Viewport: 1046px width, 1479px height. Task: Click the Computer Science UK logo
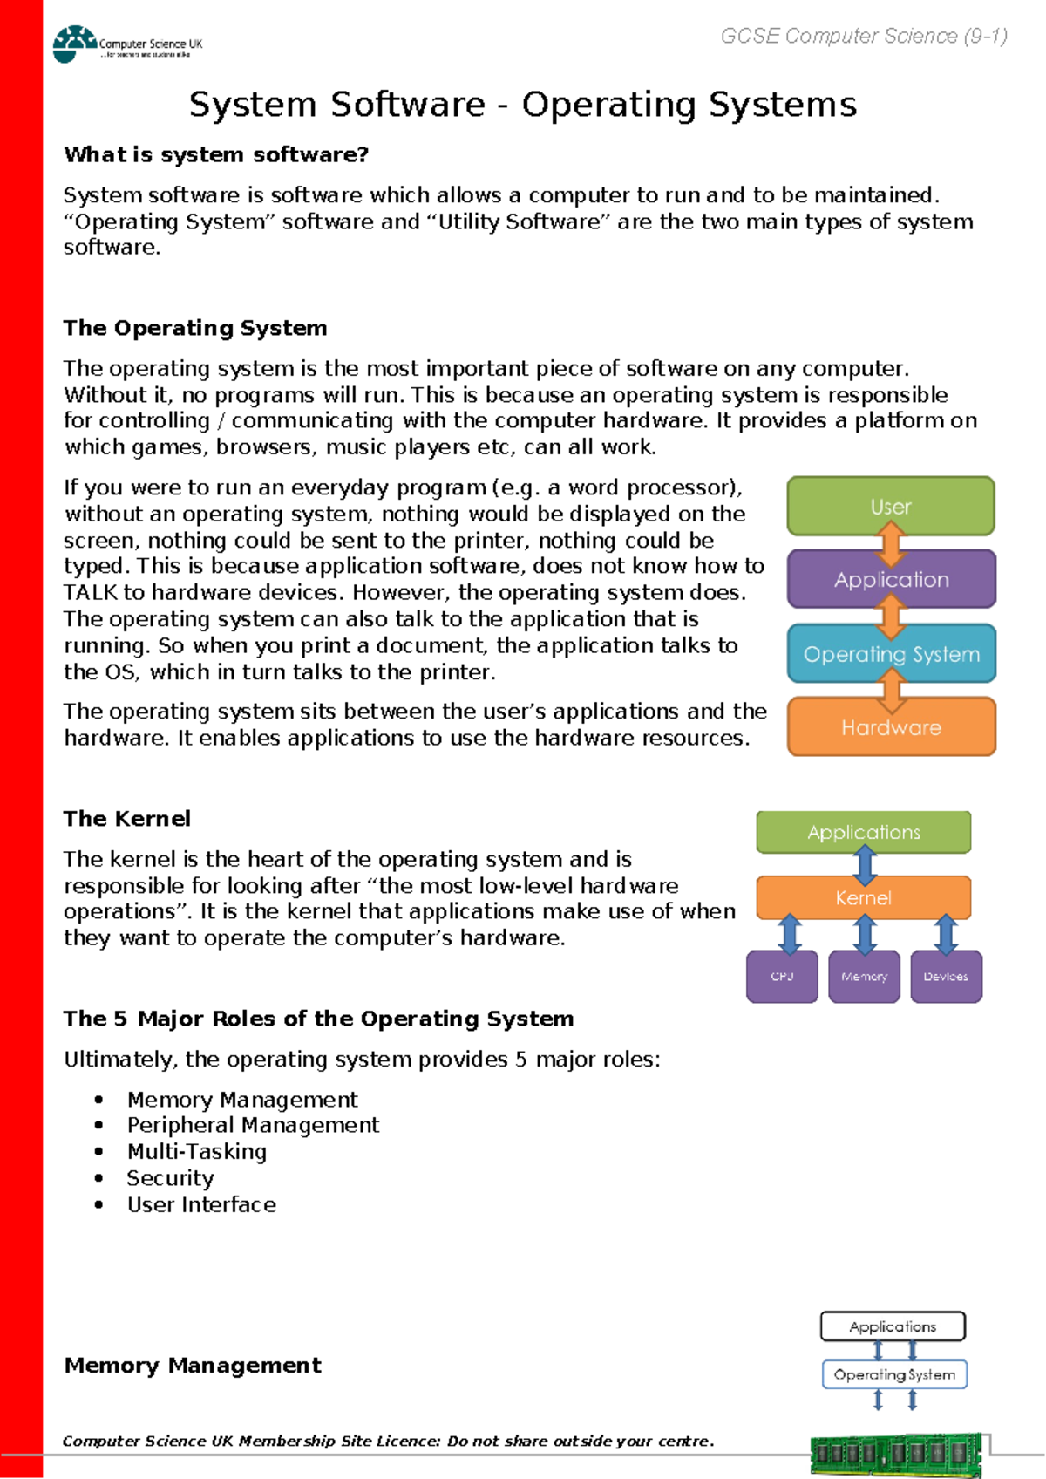coord(126,44)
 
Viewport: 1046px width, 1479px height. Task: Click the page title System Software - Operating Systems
coord(523,105)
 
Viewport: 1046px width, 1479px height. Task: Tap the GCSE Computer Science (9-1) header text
coord(864,36)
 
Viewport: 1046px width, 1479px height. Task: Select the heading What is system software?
coord(216,154)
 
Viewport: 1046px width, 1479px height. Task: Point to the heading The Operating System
coord(195,328)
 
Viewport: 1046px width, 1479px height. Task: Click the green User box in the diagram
coord(890,506)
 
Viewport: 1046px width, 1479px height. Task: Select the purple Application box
coord(891,579)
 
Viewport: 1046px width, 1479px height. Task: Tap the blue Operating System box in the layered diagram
coord(891,653)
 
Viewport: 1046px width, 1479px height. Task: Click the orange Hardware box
coord(891,726)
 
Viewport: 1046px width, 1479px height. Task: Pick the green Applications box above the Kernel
coord(863,832)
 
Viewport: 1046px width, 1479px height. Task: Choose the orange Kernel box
coord(863,897)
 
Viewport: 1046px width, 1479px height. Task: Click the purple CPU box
coord(782,977)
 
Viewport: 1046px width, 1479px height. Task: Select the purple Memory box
coord(864,977)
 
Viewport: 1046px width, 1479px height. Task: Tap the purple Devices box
coord(946,977)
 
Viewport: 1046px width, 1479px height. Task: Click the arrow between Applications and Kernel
coord(865,865)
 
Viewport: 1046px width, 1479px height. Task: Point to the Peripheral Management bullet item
coord(253,1125)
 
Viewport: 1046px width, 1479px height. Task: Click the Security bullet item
coord(170,1178)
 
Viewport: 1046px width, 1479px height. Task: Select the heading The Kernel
coord(127,819)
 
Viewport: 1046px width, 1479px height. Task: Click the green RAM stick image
coord(896,1455)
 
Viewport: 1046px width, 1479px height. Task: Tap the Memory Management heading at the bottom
coord(193,1365)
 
